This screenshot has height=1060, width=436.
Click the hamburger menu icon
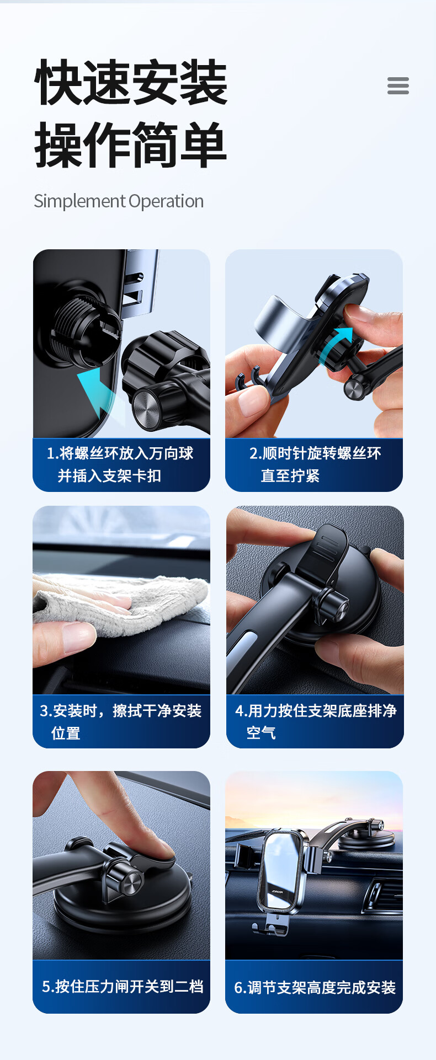click(398, 86)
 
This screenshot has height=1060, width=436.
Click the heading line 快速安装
click(131, 83)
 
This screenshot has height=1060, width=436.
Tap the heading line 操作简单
click(131, 145)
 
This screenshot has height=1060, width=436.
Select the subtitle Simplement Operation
click(119, 201)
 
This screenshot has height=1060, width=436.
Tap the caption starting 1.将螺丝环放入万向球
click(120, 453)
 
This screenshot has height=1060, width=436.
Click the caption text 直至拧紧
click(290, 475)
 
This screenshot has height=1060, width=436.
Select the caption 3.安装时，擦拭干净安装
click(121, 711)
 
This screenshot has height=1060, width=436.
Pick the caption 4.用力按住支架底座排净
click(316, 711)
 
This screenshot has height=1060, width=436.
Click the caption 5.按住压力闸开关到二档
click(123, 986)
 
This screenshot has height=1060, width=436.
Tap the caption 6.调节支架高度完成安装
click(315, 987)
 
